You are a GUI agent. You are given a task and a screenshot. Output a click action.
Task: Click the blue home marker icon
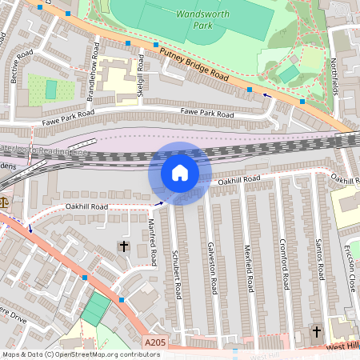(x=180, y=174)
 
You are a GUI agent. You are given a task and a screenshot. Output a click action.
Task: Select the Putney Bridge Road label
(x=194, y=66)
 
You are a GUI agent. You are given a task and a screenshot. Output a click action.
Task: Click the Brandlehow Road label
(x=94, y=72)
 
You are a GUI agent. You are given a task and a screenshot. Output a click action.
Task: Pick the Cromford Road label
(x=284, y=264)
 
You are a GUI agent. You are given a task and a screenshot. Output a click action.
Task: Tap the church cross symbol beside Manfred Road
(x=123, y=245)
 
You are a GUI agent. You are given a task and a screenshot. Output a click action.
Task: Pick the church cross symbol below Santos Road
(x=316, y=331)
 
